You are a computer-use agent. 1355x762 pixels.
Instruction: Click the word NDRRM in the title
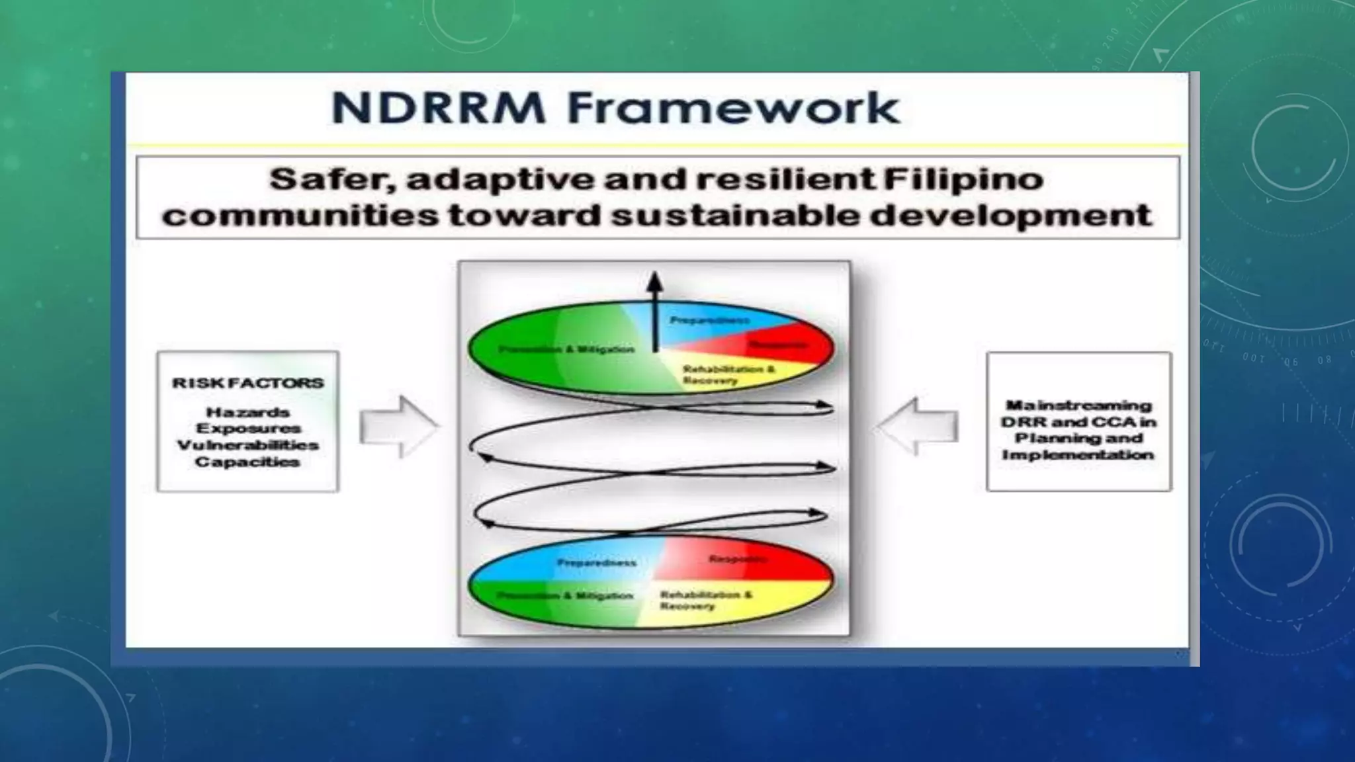coord(438,108)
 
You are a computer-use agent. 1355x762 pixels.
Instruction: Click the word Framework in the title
coord(733,108)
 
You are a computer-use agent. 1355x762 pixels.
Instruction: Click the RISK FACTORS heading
coord(248,383)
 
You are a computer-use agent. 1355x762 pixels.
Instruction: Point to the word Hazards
coord(248,412)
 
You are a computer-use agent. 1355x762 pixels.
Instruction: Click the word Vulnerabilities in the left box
coord(248,445)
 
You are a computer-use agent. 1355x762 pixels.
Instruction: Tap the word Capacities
coord(248,462)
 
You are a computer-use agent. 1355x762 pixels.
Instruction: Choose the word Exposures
coord(248,429)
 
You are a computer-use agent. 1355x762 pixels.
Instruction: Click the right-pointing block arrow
coord(398,427)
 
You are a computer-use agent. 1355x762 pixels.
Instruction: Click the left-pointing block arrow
coord(918,427)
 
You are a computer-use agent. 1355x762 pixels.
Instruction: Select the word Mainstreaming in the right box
coord(1078,405)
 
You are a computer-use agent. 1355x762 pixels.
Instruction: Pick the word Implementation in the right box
coord(1078,455)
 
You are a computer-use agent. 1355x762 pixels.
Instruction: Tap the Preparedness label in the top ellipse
coord(709,320)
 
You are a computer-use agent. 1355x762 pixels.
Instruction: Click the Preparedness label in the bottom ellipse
coord(596,563)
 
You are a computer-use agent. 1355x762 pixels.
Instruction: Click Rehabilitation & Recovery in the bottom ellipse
coord(705,600)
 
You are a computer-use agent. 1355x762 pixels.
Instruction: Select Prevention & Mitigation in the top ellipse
coord(566,349)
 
